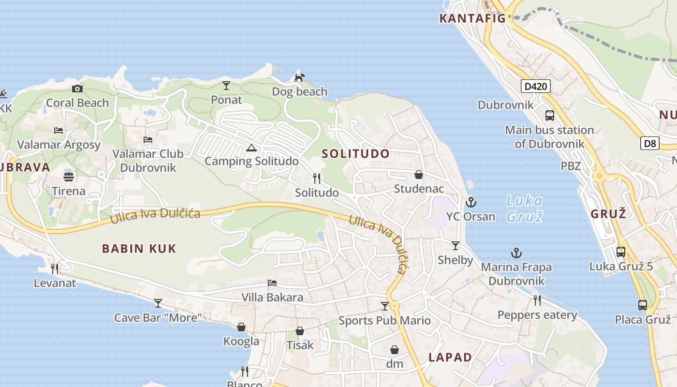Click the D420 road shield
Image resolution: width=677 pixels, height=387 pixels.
[536, 87]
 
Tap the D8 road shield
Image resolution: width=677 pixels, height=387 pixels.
[650, 143]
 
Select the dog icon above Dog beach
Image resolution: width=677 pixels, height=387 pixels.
[300, 77]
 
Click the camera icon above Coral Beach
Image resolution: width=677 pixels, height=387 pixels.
[77, 89]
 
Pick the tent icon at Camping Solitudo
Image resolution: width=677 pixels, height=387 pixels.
[251, 148]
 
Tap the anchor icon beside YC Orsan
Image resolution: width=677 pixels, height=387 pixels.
[471, 202]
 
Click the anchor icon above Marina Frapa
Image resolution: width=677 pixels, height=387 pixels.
[516, 253]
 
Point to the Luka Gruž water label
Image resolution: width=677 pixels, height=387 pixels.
[525, 208]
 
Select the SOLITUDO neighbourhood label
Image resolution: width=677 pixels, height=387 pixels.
[355, 154]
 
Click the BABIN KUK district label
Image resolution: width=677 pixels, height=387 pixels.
[139, 249]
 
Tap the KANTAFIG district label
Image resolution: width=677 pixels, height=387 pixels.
[472, 18]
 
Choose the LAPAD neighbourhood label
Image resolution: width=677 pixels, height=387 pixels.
[450, 357]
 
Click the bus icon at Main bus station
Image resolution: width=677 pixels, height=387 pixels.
[550, 116]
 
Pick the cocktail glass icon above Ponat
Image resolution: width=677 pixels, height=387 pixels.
[226, 86]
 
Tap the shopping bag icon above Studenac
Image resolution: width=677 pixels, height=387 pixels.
[419, 175]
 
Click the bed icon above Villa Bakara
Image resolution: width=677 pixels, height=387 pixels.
[272, 283]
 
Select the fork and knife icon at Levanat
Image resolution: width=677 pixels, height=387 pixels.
[55, 268]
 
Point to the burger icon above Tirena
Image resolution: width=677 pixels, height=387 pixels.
[69, 177]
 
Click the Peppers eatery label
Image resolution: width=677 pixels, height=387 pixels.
[537, 315]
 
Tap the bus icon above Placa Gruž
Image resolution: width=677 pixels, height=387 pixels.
[642, 305]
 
